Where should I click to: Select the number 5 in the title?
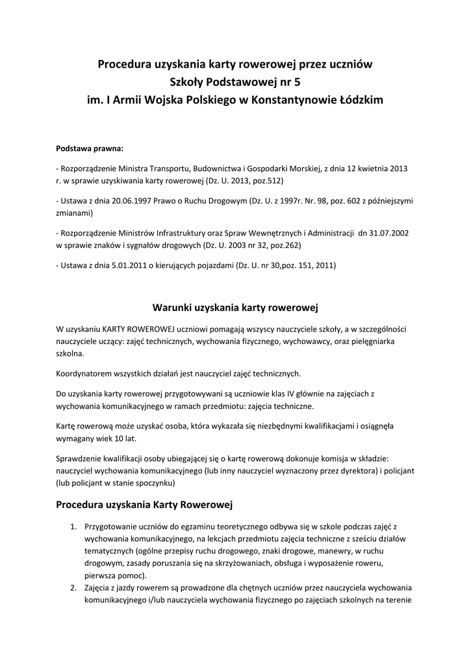(298, 83)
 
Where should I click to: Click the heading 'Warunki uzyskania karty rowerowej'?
(235, 306)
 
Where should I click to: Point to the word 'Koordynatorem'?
(85, 373)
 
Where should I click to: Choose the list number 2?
(73, 589)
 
